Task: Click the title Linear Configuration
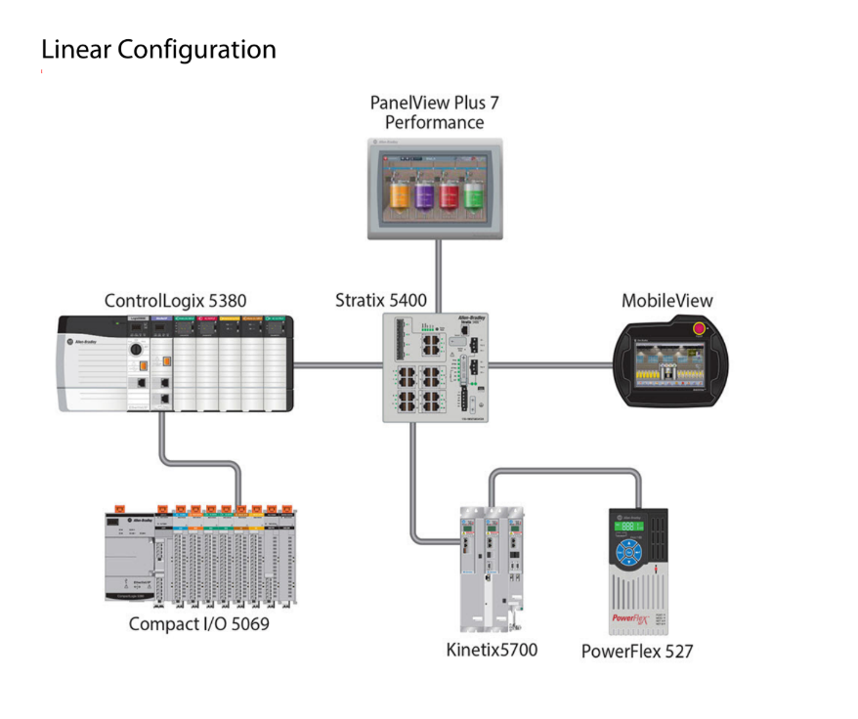pos(158,49)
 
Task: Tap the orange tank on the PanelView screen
pos(398,192)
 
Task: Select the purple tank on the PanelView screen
pos(424,192)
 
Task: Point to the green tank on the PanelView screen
pos(473,192)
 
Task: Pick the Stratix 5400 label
pos(381,300)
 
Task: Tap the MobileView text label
pos(667,300)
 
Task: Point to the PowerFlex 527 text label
pos(636,651)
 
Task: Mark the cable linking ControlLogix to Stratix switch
pos(337,366)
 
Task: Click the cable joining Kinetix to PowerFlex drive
pos(567,473)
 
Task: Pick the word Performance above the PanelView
pos(434,123)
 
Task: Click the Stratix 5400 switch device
pos(436,366)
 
